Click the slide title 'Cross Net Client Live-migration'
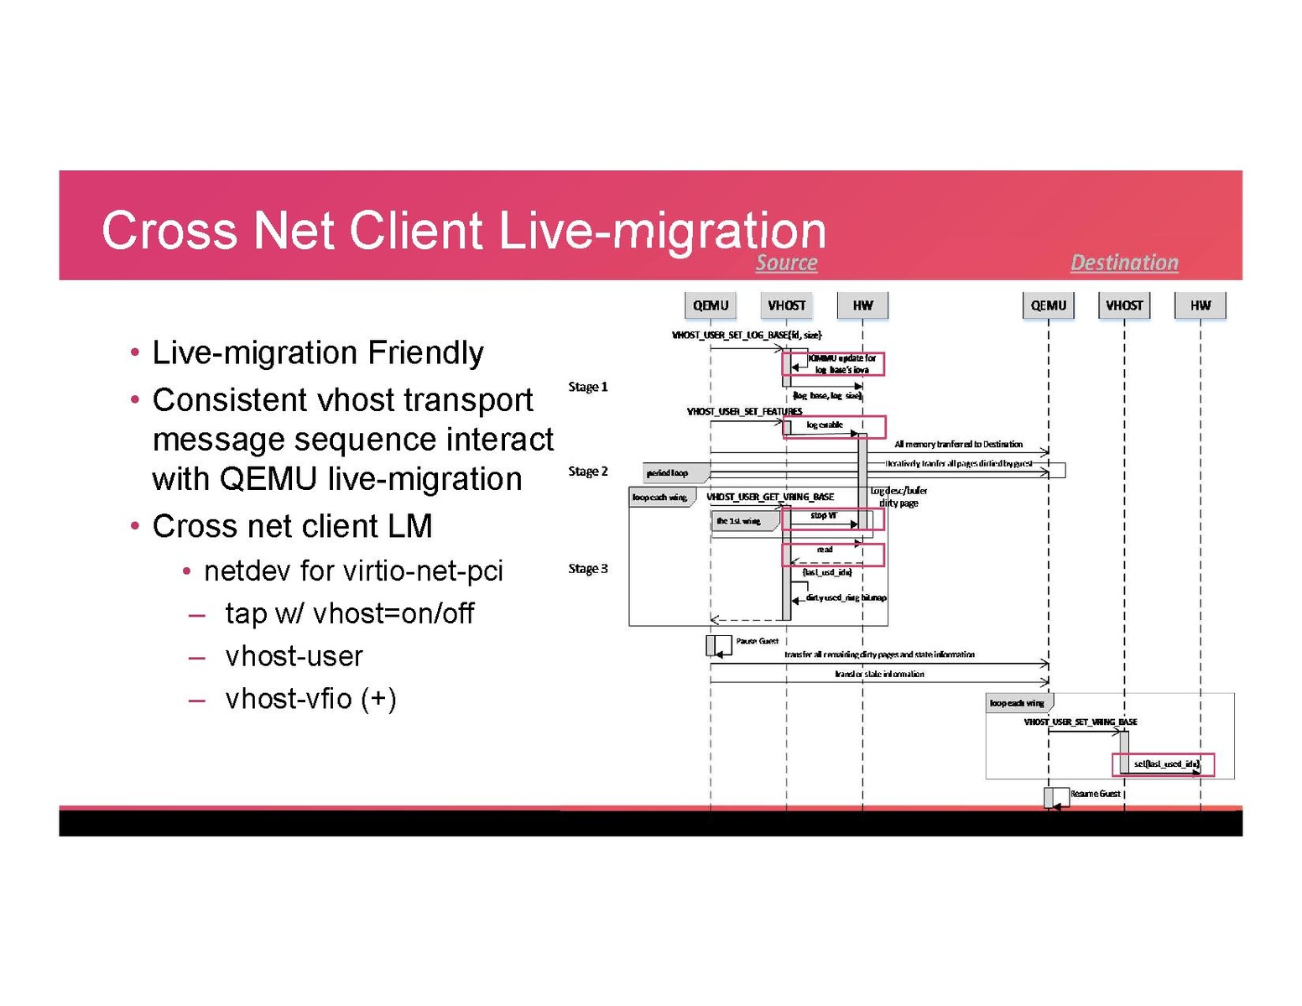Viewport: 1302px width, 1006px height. [x=463, y=230]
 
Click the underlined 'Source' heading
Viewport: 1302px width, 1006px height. [x=786, y=263]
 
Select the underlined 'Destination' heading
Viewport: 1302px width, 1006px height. [x=1124, y=263]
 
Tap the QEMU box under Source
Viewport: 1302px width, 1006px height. [x=711, y=305]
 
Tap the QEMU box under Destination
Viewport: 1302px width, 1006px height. [x=1048, y=305]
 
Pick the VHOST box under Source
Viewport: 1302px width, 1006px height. [x=786, y=305]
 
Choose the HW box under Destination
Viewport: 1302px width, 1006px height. [x=1200, y=305]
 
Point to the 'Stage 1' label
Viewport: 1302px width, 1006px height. [x=587, y=387]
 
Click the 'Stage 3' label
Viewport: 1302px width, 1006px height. [x=587, y=569]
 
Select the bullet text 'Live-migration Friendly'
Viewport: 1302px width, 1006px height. [x=317, y=352]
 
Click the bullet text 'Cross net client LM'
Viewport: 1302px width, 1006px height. [x=292, y=526]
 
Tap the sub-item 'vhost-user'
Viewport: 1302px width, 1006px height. [x=294, y=656]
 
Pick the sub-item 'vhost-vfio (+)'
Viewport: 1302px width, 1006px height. [x=310, y=699]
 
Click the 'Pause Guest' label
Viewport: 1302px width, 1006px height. [x=757, y=641]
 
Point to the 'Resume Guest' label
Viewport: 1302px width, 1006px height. [x=1095, y=794]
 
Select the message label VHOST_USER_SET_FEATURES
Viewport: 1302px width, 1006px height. [x=744, y=411]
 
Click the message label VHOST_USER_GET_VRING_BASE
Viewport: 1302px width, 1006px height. [x=769, y=497]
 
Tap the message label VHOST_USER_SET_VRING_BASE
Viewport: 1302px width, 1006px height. [x=1080, y=722]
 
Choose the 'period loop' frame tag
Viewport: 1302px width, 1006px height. [x=668, y=473]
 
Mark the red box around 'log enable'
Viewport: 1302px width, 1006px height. [x=834, y=426]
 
